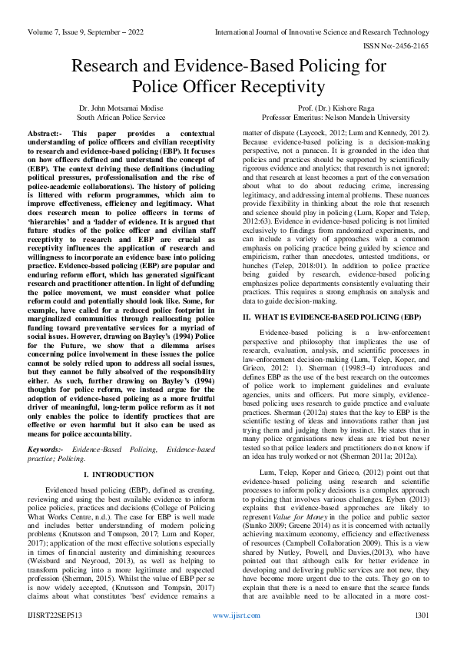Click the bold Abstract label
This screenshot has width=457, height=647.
click(x=45, y=133)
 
